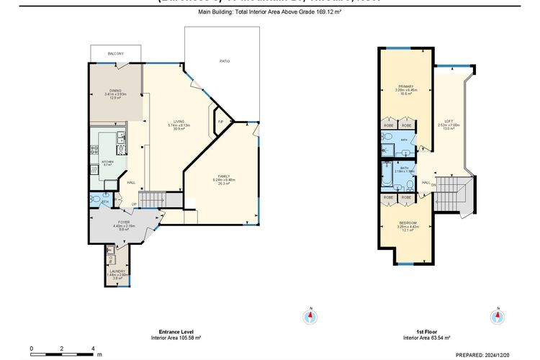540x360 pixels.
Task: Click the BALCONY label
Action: (115, 54)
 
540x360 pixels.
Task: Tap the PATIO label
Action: (225, 62)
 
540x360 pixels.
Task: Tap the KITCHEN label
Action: (108, 162)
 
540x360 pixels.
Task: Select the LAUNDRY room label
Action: (115, 271)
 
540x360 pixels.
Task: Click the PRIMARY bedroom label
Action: (405, 86)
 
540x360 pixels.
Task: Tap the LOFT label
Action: (448, 121)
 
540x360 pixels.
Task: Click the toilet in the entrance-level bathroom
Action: (96, 199)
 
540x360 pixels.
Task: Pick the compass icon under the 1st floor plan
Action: (496, 316)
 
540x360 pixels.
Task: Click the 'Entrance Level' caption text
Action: (175, 332)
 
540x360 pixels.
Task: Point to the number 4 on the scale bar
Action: (94, 348)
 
